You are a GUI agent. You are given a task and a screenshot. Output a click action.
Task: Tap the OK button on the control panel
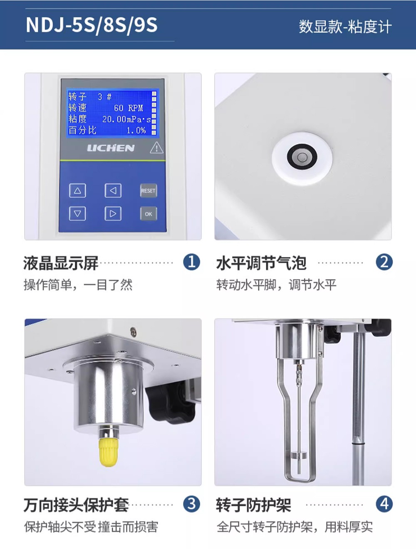pos(149,214)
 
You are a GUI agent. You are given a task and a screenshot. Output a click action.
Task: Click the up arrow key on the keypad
pos(77,191)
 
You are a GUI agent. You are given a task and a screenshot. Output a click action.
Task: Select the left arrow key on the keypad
pos(113,191)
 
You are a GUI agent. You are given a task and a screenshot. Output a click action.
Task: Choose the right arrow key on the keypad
pos(113,214)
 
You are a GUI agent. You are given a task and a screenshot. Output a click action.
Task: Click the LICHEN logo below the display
pos(111,148)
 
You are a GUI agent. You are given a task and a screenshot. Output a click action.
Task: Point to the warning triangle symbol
pos(156,147)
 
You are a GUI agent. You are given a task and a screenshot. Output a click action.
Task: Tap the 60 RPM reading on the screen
pos(129,108)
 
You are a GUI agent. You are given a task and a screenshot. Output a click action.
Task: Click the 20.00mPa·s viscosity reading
pos(126,119)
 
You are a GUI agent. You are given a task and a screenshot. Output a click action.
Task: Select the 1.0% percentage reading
pos(136,130)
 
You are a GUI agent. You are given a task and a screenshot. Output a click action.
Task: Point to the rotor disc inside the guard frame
pos(299,455)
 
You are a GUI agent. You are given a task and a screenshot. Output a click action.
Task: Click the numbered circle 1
pos(192,262)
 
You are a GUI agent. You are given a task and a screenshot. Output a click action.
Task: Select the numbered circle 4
pos(384,504)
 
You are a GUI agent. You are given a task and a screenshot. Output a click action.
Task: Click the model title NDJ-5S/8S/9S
pos(92,25)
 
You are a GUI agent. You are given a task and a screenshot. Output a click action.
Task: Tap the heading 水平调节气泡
pos(261,263)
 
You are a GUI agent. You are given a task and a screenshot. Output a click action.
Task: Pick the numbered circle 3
pos(192,504)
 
